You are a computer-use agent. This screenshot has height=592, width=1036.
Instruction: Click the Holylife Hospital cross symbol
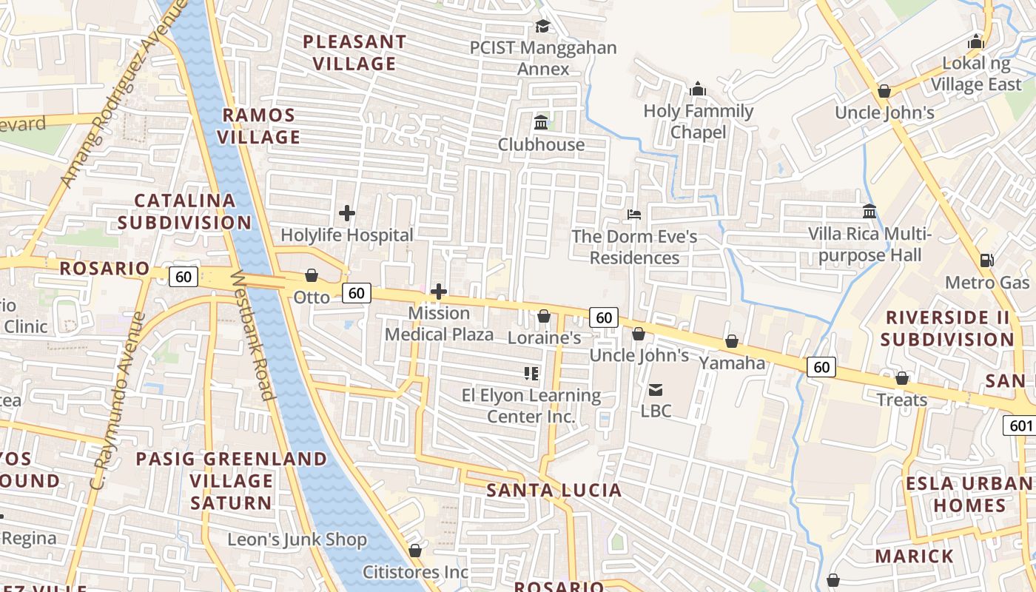(x=346, y=214)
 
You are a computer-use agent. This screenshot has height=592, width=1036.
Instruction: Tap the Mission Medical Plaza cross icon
(x=438, y=292)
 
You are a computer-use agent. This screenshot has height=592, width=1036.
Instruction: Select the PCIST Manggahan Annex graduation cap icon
(x=542, y=27)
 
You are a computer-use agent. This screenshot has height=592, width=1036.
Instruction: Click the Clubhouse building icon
(x=541, y=122)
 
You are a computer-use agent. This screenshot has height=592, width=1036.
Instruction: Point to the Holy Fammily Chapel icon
(x=697, y=90)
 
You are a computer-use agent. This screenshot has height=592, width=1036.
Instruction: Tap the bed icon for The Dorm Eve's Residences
(x=634, y=215)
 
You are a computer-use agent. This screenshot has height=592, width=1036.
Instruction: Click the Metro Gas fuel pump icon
(x=986, y=260)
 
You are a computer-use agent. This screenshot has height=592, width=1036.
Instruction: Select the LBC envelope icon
(x=656, y=389)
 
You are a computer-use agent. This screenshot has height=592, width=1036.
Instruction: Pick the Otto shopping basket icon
(x=312, y=275)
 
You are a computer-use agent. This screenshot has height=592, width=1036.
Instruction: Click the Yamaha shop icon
(x=731, y=341)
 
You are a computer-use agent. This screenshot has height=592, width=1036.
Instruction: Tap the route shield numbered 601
(x=1020, y=425)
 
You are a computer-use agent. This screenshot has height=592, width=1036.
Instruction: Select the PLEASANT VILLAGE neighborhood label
(x=354, y=53)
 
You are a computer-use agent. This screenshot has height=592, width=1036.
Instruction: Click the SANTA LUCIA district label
(x=554, y=490)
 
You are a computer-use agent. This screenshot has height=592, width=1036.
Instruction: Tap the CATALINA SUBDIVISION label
(x=185, y=212)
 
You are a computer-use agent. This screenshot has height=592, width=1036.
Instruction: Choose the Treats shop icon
(x=901, y=378)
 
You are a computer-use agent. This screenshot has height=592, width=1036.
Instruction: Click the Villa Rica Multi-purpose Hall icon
(x=869, y=212)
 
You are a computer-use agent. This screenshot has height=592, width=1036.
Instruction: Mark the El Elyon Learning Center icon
(x=531, y=374)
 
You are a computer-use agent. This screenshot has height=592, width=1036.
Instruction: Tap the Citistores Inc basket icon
(x=415, y=551)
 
